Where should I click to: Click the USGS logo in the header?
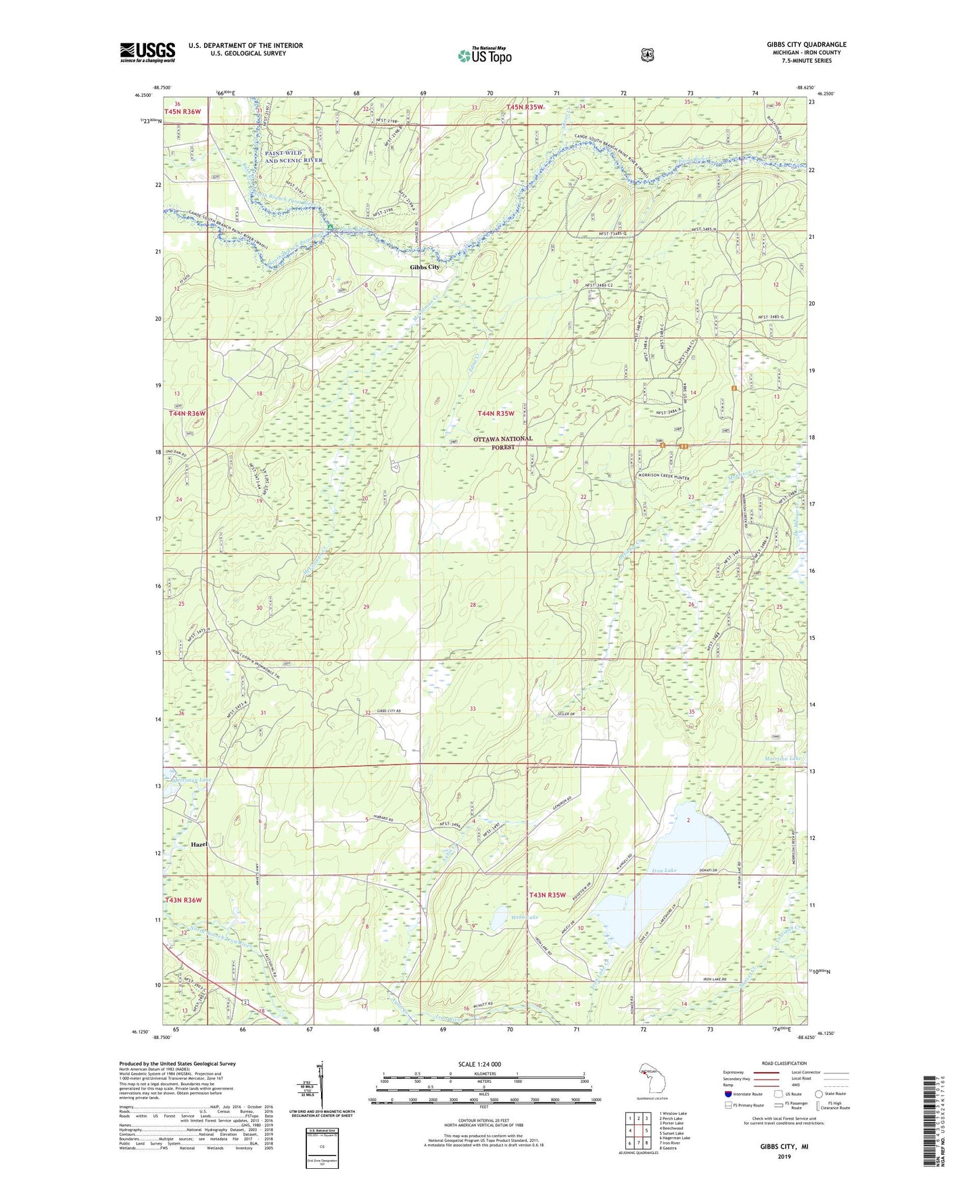147,52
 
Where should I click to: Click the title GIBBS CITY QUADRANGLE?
806,45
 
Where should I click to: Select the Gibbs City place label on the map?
425,267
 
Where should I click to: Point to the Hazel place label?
199,845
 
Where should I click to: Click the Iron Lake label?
664,871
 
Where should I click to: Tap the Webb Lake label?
525,917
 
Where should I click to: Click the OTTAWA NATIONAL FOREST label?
502,442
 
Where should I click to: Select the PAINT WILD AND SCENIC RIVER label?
293,157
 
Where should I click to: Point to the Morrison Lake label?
783,758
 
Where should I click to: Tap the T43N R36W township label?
183,900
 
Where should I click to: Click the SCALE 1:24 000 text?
479,1064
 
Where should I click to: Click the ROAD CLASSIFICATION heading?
784,1063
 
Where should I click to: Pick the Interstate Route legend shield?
728,1094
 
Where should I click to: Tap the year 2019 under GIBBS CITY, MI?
784,1156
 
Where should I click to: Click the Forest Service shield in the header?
646,53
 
